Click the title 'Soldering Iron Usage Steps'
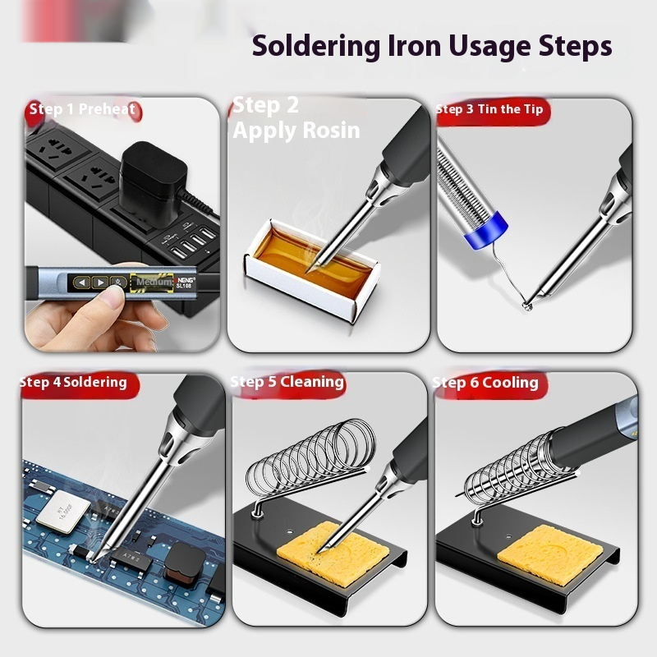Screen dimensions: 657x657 click(432, 47)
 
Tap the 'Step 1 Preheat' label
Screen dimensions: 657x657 click(82, 109)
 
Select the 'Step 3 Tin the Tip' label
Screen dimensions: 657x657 click(489, 109)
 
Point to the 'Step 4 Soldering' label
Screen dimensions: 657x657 click(73, 383)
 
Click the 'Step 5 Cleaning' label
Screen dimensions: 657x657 click(287, 382)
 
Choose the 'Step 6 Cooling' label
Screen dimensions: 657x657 click(485, 383)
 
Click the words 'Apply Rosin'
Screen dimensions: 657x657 click(296, 131)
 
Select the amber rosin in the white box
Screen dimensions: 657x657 click(312, 261)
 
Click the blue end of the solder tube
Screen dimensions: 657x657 click(486, 230)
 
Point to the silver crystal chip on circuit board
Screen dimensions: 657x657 click(63, 512)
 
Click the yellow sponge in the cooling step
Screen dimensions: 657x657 click(549, 554)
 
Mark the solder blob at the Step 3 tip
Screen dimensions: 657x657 click(527, 306)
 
